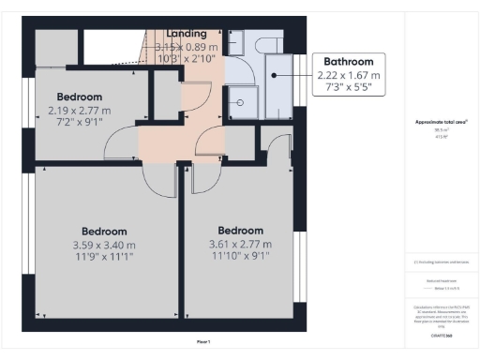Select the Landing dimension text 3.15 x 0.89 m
(x=187, y=47)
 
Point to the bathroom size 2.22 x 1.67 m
(x=349, y=74)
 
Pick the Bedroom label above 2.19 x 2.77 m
(x=80, y=97)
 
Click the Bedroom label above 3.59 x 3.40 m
(x=104, y=231)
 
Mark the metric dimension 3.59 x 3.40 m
(x=104, y=245)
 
